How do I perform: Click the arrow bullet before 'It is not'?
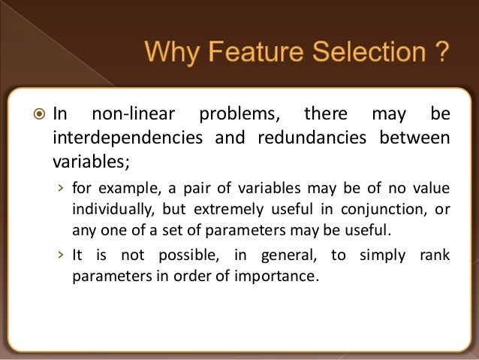pyautogui.click(x=61, y=255)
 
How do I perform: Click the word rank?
pyautogui.click(x=434, y=255)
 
